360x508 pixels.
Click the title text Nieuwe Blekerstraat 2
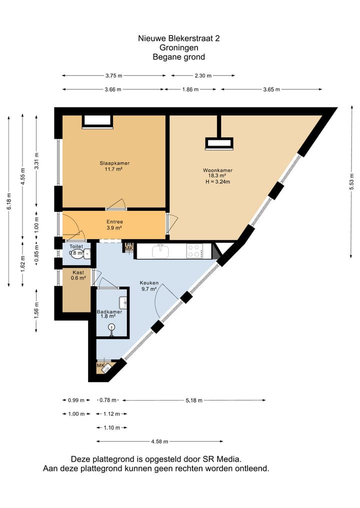(x=179, y=38)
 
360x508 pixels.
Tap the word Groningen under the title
(x=179, y=47)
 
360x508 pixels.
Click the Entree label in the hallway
(x=114, y=222)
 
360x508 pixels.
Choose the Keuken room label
(x=148, y=282)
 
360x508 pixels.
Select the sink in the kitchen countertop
(x=160, y=251)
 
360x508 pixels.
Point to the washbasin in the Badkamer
(x=123, y=302)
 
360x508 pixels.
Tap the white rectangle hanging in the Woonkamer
(x=218, y=143)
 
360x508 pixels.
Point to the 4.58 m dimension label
(x=159, y=442)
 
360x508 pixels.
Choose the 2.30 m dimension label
(x=203, y=75)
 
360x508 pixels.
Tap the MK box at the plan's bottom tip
(x=100, y=366)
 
